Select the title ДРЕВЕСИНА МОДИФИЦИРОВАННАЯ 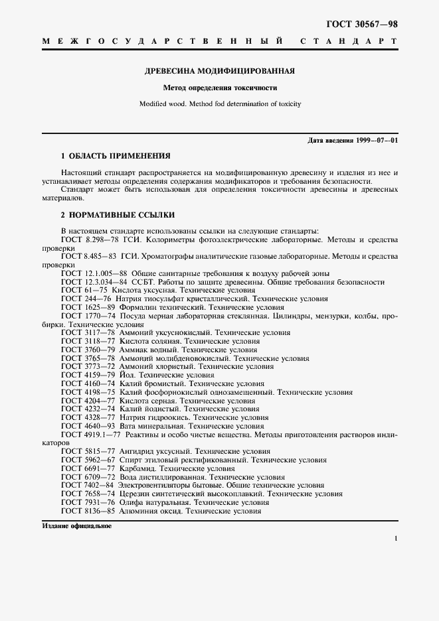coord(220,70)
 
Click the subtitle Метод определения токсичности coord(220,88)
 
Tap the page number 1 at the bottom coord(396,539)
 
